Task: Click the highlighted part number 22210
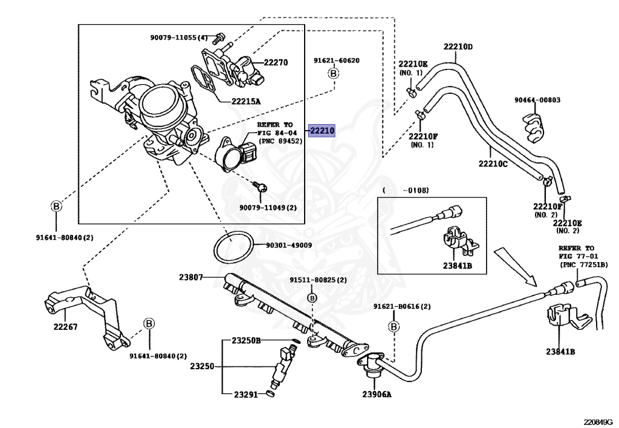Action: [322, 130]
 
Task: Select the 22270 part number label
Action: [276, 62]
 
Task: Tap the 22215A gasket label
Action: [246, 102]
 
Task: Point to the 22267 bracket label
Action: [65, 327]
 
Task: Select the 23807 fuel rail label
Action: [191, 277]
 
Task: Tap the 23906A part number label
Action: [377, 394]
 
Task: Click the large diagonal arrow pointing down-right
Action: [516, 266]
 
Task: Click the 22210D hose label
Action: [458, 47]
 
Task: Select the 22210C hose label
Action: [493, 163]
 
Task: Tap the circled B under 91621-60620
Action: [334, 73]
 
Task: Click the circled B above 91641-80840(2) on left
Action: [56, 206]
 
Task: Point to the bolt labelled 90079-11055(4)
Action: [218, 38]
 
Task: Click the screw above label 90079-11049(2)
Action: [260, 186]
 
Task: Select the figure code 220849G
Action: [600, 422]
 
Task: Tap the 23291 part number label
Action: [246, 395]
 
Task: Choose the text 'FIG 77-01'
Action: [576, 257]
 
